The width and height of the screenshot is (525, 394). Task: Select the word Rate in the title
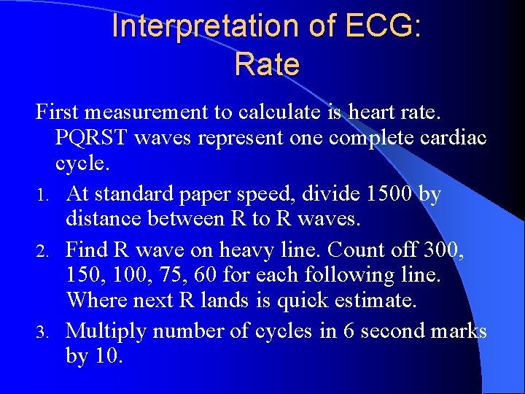(267, 65)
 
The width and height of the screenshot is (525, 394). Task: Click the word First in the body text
(57, 113)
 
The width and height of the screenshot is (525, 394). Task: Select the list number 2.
(42, 251)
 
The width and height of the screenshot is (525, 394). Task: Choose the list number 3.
(42, 333)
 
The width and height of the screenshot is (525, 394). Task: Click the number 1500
(394, 195)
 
